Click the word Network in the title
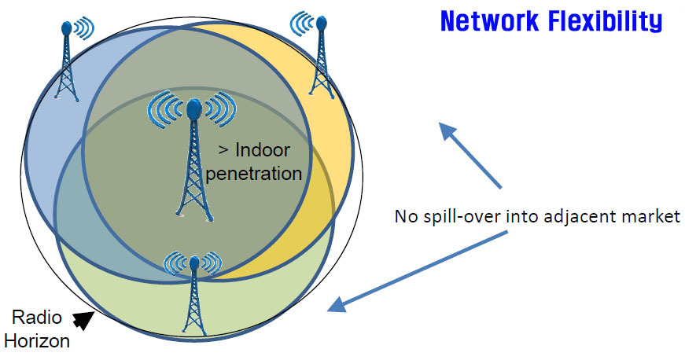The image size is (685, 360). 489,21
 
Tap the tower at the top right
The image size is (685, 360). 320,59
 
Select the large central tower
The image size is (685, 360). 192,161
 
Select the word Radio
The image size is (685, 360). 35,318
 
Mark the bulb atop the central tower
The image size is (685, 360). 193,106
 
